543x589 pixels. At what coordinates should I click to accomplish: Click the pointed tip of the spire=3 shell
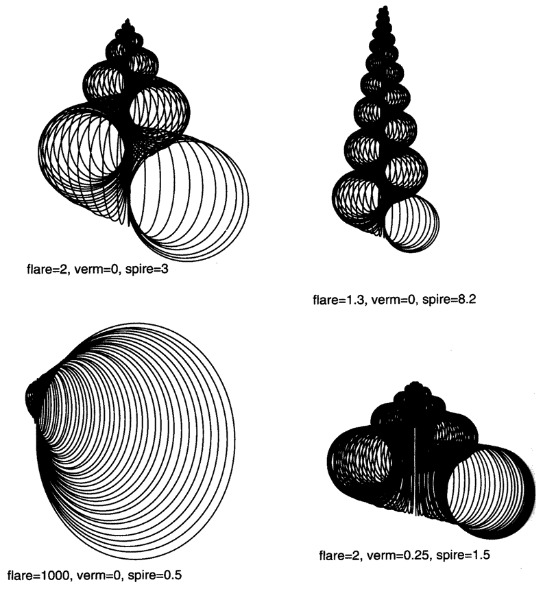128,19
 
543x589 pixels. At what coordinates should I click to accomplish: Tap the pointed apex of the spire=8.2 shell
384,7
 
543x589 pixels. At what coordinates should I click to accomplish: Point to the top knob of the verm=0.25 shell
415,387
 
